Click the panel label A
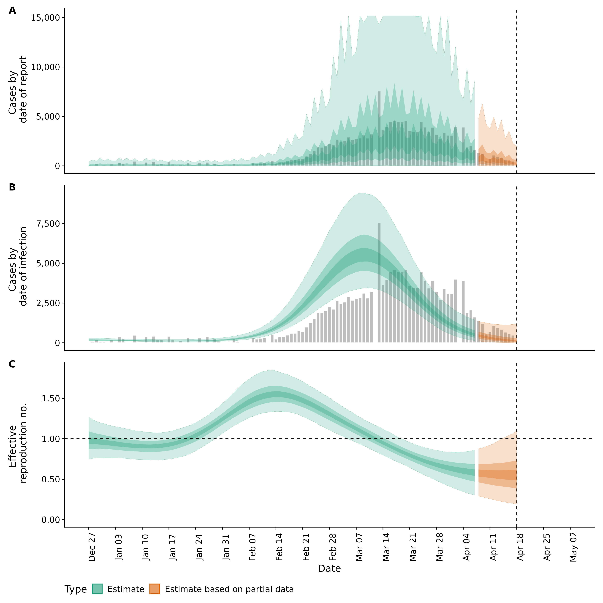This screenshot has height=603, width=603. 12,11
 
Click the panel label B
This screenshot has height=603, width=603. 12,187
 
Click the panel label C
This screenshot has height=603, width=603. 12,364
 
